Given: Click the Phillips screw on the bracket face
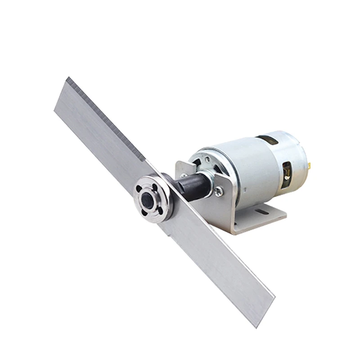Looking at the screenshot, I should (x=219, y=191).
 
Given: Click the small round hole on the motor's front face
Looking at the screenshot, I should (x=207, y=158).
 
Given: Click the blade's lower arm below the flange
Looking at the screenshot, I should (x=216, y=252).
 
